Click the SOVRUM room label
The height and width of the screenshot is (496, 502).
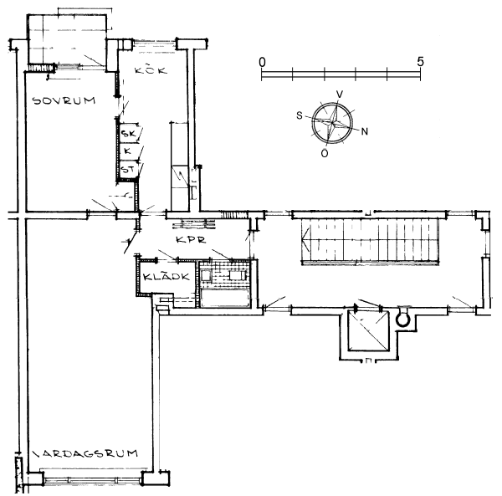64,100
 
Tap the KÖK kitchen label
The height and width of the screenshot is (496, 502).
151,69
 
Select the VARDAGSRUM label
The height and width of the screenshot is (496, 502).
85,453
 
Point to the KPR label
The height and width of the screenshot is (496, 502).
191,240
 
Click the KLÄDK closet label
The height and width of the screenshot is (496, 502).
166,277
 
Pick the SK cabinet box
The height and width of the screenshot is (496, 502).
129,133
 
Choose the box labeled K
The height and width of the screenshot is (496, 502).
129,151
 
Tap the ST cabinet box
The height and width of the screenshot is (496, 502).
129,169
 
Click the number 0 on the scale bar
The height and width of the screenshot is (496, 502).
262,62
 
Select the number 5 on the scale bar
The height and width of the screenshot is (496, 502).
420,61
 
